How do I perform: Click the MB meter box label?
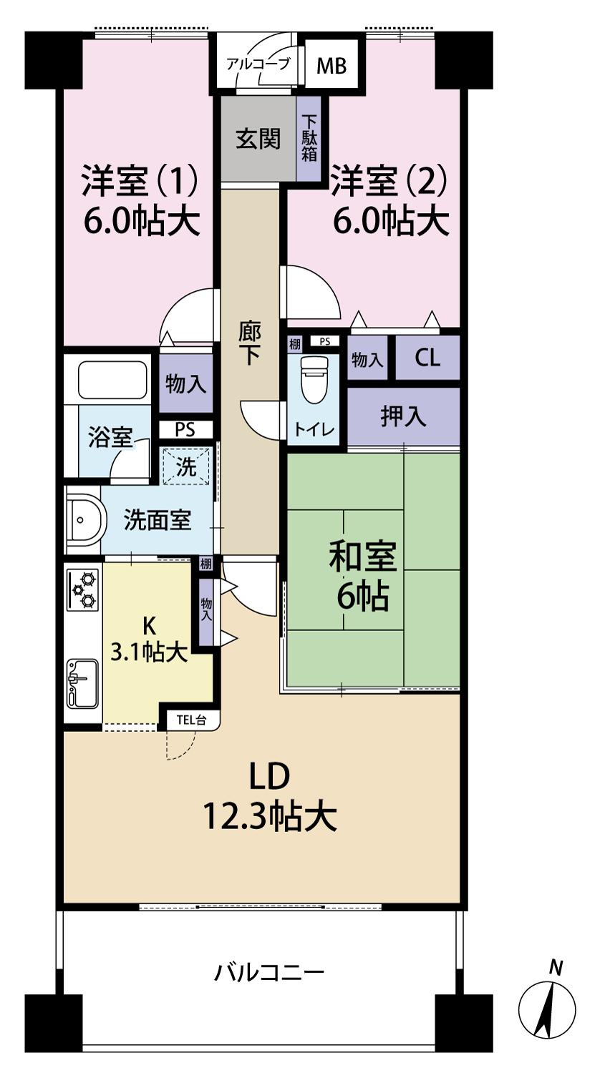click(331, 66)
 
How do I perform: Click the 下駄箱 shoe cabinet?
click(309, 138)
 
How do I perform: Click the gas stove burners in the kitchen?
click(83, 589)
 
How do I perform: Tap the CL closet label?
click(427, 359)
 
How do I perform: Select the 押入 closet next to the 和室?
click(403, 416)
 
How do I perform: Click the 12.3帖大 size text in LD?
click(269, 816)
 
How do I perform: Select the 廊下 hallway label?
click(249, 343)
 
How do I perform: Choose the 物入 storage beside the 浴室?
click(185, 384)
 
